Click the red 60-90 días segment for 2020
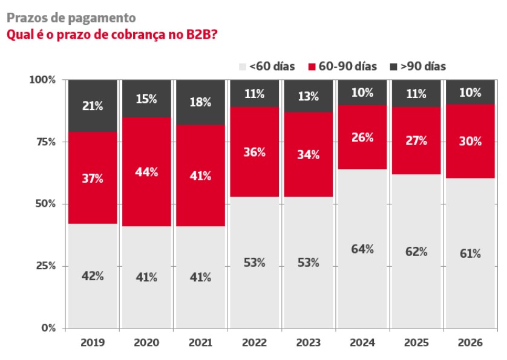tap(146, 172)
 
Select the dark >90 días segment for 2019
tap(93, 106)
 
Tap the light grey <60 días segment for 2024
tap(362, 249)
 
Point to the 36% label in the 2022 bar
tap(255, 152)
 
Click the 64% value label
tap(362, 249)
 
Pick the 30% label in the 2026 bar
tap(471, 141)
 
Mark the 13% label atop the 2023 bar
tap(309, 96)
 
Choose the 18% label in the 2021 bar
tap(200, 102)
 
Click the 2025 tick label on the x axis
tap(416, 342)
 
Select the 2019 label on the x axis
tap(93, 342)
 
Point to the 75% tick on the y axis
tap(45, 142)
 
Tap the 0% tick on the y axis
tap(48, 328)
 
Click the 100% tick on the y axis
tap(42, 80)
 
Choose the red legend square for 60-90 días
tap(312, 67)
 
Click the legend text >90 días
tap(424, 67)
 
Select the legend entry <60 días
tap(267, 67)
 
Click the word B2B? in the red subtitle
tap(201, 34)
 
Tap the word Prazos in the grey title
tap(27, 18)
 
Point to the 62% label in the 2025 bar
tap(416, 251)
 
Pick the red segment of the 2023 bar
tap(309, 154)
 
